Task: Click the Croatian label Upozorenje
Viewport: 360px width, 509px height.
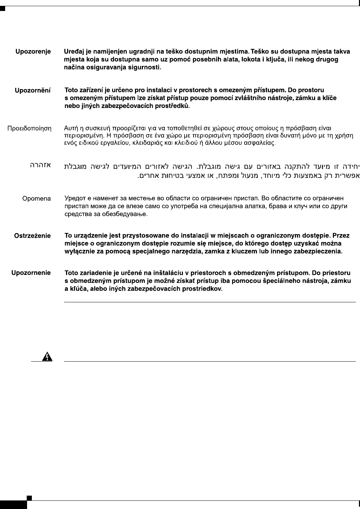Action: (33, 52)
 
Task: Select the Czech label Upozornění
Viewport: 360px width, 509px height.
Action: (33, 90)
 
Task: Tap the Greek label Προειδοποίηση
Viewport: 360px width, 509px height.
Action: (29, 129)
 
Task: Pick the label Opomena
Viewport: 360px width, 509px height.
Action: (36, 198)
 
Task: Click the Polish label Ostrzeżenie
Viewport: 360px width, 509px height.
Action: (32, 236)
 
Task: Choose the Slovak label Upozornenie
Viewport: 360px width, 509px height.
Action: (31, 273)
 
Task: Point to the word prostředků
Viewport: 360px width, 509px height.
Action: (172, 107)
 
